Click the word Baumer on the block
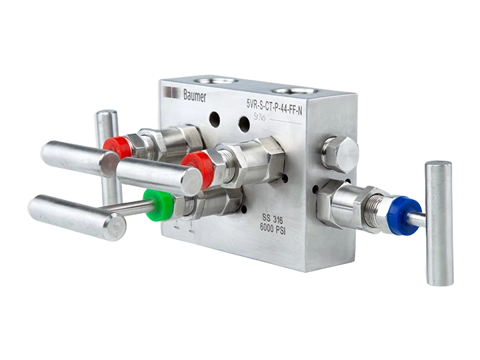pos(195,95)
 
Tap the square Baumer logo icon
pos(171,92)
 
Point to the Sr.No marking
pos(260,117)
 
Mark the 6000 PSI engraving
pos(273,229)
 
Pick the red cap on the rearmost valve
pos(117,147)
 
